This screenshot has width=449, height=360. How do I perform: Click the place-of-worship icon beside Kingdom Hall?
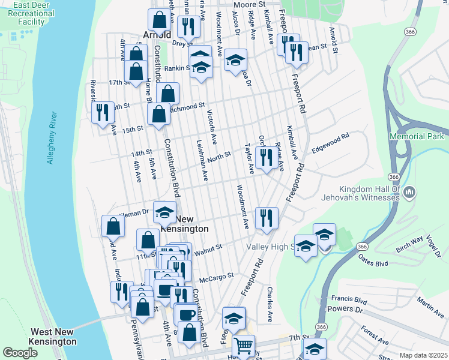pos(410,193)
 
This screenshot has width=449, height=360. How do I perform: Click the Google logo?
pos(20,353)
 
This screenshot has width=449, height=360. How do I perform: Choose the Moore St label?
pos(249,4)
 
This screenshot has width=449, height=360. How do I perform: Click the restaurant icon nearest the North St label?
pos(265,158)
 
